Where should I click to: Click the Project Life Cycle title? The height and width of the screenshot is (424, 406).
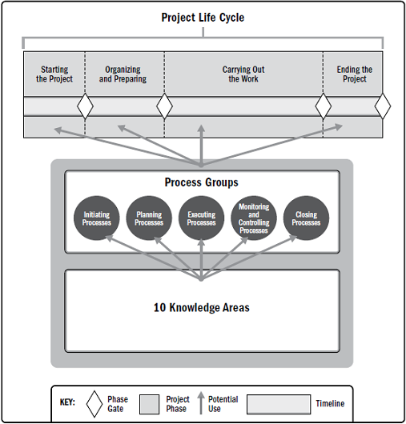(203, 18)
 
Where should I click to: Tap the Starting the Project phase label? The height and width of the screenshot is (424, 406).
(54, 74)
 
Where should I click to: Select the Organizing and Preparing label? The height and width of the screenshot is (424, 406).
(123, 74)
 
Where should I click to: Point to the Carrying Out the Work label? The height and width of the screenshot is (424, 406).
(243, 74)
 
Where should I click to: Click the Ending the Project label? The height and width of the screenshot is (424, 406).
(355, 74)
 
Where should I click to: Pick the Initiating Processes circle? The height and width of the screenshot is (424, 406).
(97, 218)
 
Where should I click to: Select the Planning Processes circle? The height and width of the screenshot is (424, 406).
(149, 218)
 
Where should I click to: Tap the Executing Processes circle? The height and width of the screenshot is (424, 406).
(201, 218)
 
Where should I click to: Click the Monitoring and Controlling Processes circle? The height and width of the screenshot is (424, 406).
(254, 218)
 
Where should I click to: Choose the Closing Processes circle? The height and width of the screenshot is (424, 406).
(306, 218)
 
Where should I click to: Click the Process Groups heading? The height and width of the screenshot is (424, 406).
(202, 182)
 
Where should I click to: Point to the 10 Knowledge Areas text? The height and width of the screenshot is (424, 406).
(202, 308)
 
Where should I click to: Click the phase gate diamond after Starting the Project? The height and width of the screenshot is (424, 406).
(85, 106)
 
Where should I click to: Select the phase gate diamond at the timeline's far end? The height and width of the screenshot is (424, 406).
(383, 106)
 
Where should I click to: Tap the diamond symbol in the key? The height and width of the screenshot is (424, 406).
(94, 404)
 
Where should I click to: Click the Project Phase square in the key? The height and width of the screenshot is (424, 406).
(150, 404)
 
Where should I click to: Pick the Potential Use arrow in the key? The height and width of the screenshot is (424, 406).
(201, 403)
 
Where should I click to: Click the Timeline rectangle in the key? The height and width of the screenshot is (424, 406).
(279, 404)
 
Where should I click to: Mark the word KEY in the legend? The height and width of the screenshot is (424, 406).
(67, 402)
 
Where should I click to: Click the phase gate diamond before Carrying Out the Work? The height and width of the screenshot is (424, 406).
(165, 106)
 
